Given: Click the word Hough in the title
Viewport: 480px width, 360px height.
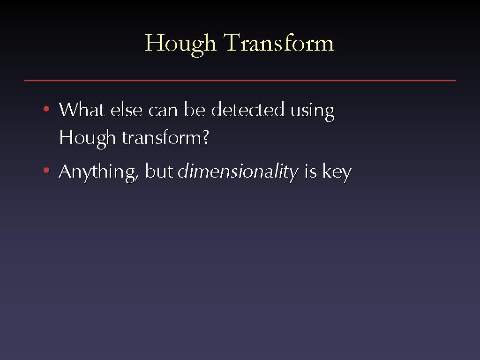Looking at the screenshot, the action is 180,44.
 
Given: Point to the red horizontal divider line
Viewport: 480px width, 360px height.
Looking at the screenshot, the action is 240,81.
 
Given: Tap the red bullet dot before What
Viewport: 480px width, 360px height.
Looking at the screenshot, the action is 46,109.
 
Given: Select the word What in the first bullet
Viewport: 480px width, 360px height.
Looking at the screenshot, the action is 82,109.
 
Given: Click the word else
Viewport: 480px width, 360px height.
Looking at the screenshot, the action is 127,109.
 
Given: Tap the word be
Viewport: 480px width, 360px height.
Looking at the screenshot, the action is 195,109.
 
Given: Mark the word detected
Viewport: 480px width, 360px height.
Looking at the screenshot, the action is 247,109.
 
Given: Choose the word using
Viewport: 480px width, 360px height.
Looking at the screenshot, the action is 312,112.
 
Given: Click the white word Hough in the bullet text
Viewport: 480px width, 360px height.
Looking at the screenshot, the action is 87,138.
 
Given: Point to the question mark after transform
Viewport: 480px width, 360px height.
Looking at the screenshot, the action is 206,137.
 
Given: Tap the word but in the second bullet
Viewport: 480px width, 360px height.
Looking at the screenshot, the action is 159,171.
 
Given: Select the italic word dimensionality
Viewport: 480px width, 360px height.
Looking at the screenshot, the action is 238,172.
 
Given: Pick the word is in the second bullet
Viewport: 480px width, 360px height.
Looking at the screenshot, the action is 310,171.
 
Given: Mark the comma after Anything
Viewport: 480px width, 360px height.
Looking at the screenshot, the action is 136,178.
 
